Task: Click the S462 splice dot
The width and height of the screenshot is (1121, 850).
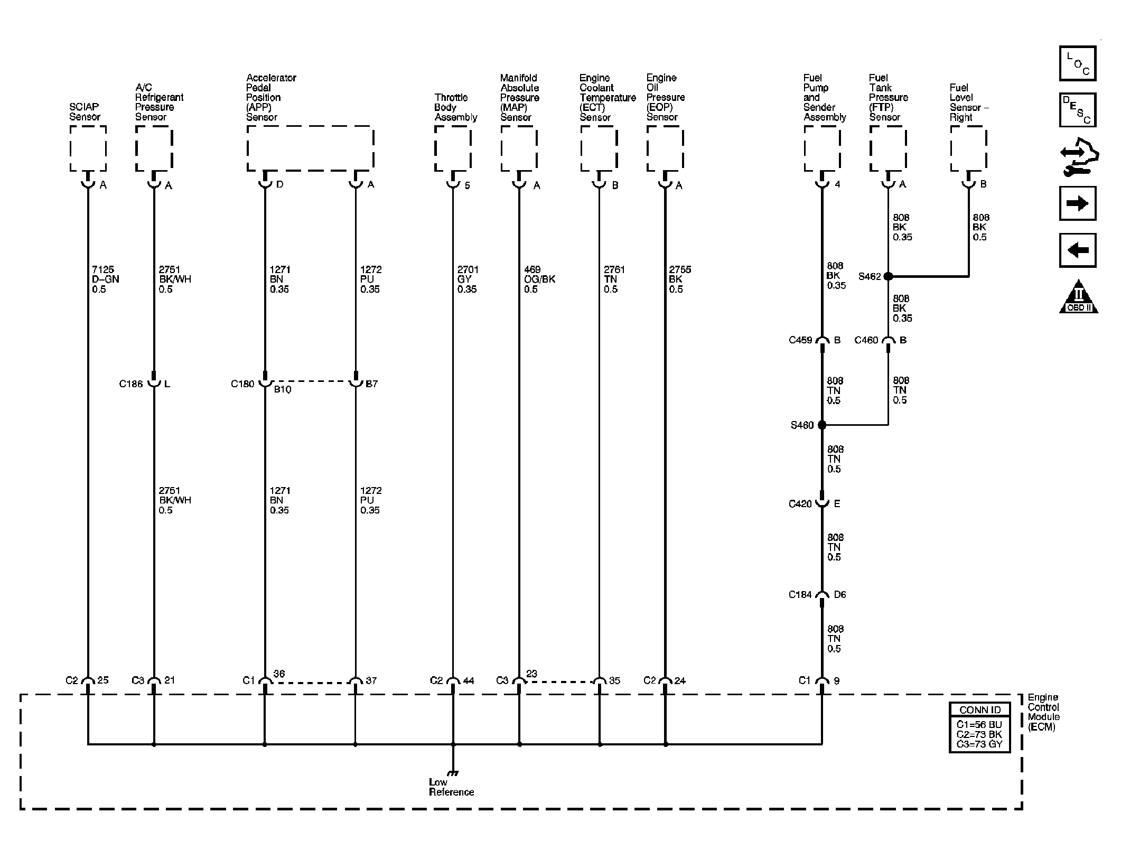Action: coord(888,276)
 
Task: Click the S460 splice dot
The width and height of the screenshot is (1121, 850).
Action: coord(822,425)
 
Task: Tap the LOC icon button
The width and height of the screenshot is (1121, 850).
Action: coord(1078,63)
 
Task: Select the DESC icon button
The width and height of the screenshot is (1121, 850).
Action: coord(1078,110)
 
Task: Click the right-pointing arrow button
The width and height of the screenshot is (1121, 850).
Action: coord(1078,203)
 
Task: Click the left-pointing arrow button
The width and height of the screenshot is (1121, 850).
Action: coord(1078,250)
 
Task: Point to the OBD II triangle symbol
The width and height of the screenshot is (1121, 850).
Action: coord(1079,297)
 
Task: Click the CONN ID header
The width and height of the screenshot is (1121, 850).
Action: coord(980,709)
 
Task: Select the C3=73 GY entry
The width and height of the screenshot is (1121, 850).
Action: coord(979,744)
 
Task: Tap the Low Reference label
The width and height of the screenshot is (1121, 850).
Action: coord(451,787)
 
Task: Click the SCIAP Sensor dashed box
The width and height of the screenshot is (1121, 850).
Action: coord(88,148)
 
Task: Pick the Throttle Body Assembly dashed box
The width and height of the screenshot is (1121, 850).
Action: coord(453,148)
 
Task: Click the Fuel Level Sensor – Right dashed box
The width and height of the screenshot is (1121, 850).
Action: coord(968,148)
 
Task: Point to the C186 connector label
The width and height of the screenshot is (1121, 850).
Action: coord(130,384)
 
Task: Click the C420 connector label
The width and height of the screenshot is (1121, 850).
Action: coord(800,504)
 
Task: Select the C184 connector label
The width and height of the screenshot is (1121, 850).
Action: coord(800,595)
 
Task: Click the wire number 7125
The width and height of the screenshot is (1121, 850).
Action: coord(103,269)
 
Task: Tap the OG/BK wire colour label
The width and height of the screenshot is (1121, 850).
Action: coord(540,279)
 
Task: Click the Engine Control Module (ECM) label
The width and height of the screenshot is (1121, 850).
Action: coord(1043,712)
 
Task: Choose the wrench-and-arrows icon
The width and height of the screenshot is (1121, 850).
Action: coord(1079,157)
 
